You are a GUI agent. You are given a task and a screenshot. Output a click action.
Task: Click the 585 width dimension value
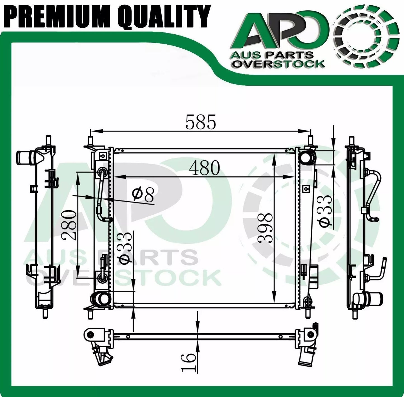(201, 122)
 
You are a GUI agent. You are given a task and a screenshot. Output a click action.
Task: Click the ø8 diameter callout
(143, 195)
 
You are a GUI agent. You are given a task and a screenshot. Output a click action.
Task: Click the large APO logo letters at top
(277, 36)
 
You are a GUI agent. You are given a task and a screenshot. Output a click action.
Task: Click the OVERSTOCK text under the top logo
(278, 64)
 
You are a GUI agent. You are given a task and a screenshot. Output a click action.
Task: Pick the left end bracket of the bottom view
(95, 335)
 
